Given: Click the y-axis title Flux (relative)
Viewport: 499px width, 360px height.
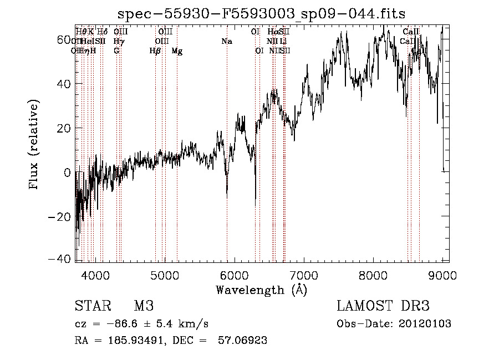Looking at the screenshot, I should tap(34, 145).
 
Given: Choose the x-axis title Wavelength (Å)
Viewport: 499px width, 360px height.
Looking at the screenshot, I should tap(261, 290).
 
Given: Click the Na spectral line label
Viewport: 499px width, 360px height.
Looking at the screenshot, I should tap(226, 41).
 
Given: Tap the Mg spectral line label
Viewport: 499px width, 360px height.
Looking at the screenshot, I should tap(177, 51).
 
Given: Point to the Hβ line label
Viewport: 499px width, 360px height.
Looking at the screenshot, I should tap(155, 51).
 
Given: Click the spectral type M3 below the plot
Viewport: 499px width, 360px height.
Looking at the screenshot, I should tap(144, 306).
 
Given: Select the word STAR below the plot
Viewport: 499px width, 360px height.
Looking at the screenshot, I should tap(93, 306).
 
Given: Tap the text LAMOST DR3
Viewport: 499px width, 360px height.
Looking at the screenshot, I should tap(383, 306).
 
